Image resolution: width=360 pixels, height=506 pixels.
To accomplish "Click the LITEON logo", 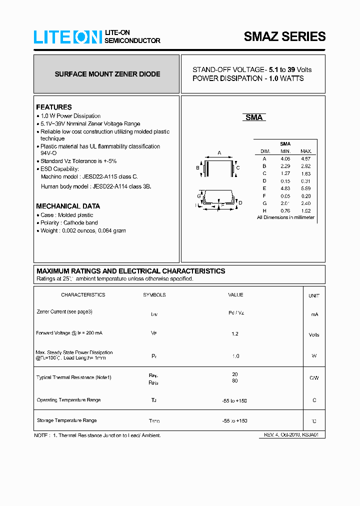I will click(68, 37).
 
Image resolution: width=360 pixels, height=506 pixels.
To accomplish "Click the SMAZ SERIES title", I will click(284, 36).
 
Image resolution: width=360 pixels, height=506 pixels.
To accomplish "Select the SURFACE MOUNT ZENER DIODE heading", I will click(107, 74).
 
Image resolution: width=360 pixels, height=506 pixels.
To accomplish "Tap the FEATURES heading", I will click(54, 107).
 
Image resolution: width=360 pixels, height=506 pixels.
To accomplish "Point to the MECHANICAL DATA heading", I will click(68, 206).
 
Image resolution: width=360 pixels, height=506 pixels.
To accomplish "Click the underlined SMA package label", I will click(254, 117).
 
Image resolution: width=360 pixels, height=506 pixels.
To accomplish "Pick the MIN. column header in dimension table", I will click(285, 151).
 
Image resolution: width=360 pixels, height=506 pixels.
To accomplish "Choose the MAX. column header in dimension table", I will click(306, 151).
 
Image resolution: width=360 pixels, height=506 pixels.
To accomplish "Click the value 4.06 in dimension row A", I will click(285, 158).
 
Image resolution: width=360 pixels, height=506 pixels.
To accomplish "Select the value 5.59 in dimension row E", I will click(306, 188).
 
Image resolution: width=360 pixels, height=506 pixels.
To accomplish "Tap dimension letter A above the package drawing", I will click(219, 153).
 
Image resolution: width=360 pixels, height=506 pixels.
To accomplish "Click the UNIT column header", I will click(314, 295).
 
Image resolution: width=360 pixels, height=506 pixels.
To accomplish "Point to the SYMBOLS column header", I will click(154, 295).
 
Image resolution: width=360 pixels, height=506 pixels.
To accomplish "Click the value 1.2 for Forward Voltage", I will click(235, 333).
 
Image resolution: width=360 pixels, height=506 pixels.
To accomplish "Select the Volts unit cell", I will click(314, 335).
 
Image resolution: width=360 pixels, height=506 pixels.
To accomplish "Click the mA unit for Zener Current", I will click(314, 314).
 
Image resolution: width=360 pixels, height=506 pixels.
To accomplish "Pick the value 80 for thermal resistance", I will click(235, 381).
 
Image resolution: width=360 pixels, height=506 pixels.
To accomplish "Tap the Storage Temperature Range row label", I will click(67, 420).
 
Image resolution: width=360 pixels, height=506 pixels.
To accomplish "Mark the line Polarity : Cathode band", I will click(69, 223).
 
